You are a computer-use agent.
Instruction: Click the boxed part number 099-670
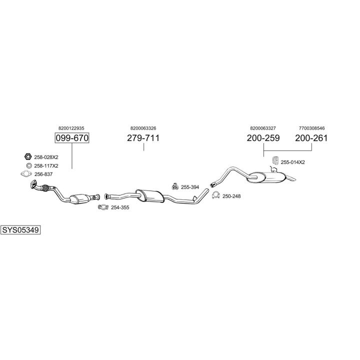pyautogui.click(x=72, y=138)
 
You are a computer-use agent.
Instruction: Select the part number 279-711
pyautogui.click(x=143, y=138)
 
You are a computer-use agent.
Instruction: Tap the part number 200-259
pyautogui.click(x=263, y=138)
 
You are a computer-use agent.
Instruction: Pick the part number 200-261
pyautogui.click(x=311, y=138)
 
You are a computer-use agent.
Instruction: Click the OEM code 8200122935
pyautogui.click(x=71, y=128)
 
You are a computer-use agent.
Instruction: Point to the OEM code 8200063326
pyautogui.click(x=143, y=128)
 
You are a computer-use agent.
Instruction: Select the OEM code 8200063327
pyautogui.click(x=263, y=128)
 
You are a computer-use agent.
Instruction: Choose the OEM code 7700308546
pyautogui.click(x=312, y=128)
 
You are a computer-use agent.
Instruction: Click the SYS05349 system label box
pyautogui.click(x=20, y=230)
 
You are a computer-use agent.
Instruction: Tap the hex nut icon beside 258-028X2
pyautogui.click(x=28, y=157)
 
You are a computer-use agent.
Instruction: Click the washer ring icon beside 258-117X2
pyautogui.click(x=29, y=165)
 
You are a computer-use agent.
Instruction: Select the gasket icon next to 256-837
pyautogui.click(x=26, y=174)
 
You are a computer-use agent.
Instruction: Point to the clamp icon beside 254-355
pyautogui.click(x=103, y=207)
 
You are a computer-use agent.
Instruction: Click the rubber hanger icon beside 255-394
pyautogui.click(x=175, y=186)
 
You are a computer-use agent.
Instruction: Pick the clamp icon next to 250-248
pyautogui.click(x=216, y=195)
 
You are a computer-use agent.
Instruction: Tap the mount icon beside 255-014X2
pyautogui.click(x=275, y=160)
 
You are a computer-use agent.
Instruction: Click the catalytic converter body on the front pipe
pyautogui.click(x=79, y=199)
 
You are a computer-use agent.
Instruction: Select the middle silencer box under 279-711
pyautogui.click(x=149, y=195)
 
